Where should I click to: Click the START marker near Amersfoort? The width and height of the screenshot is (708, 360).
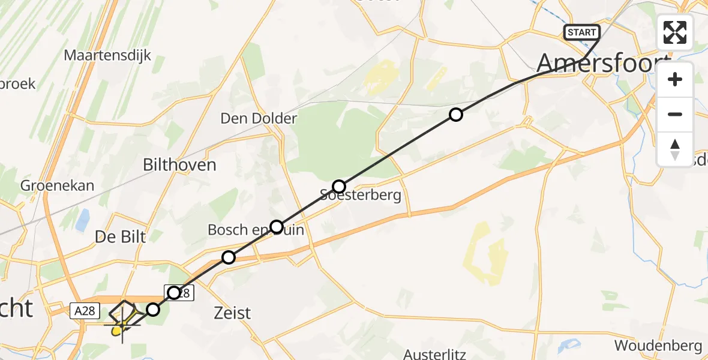click(581, 32)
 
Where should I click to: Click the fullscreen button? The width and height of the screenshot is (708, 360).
click(675, 32)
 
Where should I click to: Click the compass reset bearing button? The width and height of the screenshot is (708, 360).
click(675, 149)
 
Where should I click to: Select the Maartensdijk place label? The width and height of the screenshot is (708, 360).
click(107, 56)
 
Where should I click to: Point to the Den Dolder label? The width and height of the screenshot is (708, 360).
click(259, 118)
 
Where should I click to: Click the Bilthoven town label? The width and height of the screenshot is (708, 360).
click(179, 165)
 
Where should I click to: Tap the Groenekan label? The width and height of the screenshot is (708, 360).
click(58, 185)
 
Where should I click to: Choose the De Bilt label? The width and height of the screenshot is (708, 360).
click(120, 237)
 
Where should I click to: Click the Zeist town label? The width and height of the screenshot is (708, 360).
click(232, 313)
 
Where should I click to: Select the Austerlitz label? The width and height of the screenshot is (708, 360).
click(435, 353)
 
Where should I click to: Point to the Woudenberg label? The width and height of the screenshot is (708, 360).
click(658, 346)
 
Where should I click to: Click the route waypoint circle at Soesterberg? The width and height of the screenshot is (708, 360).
click(340, 186)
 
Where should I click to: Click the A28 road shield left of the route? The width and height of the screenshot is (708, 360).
click(83, 310)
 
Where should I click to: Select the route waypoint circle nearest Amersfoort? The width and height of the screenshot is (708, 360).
click(456, 115)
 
